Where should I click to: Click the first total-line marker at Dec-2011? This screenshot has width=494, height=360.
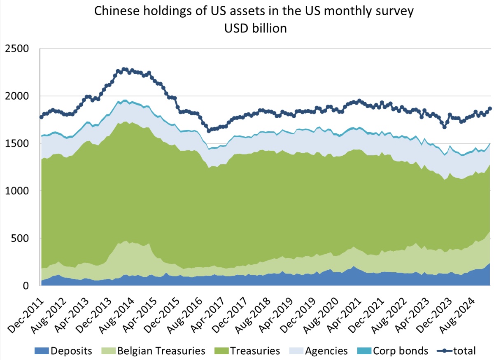[41, 117]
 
